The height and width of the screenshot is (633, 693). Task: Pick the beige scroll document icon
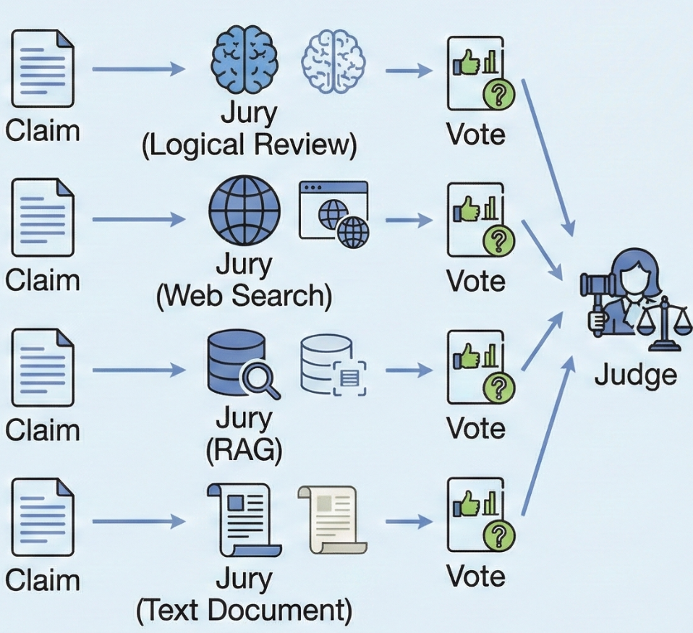point(331,519)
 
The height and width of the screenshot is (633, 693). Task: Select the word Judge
point(635,375)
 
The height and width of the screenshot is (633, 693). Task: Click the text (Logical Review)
point(250,145)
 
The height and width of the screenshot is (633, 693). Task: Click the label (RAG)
point(244,450)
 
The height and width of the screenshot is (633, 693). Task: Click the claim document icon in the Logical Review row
point(43,66)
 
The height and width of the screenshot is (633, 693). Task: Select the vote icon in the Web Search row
point(475,219)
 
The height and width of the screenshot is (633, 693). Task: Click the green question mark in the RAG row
point(498,388)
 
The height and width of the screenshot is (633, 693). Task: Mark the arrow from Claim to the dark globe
point(137,219)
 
